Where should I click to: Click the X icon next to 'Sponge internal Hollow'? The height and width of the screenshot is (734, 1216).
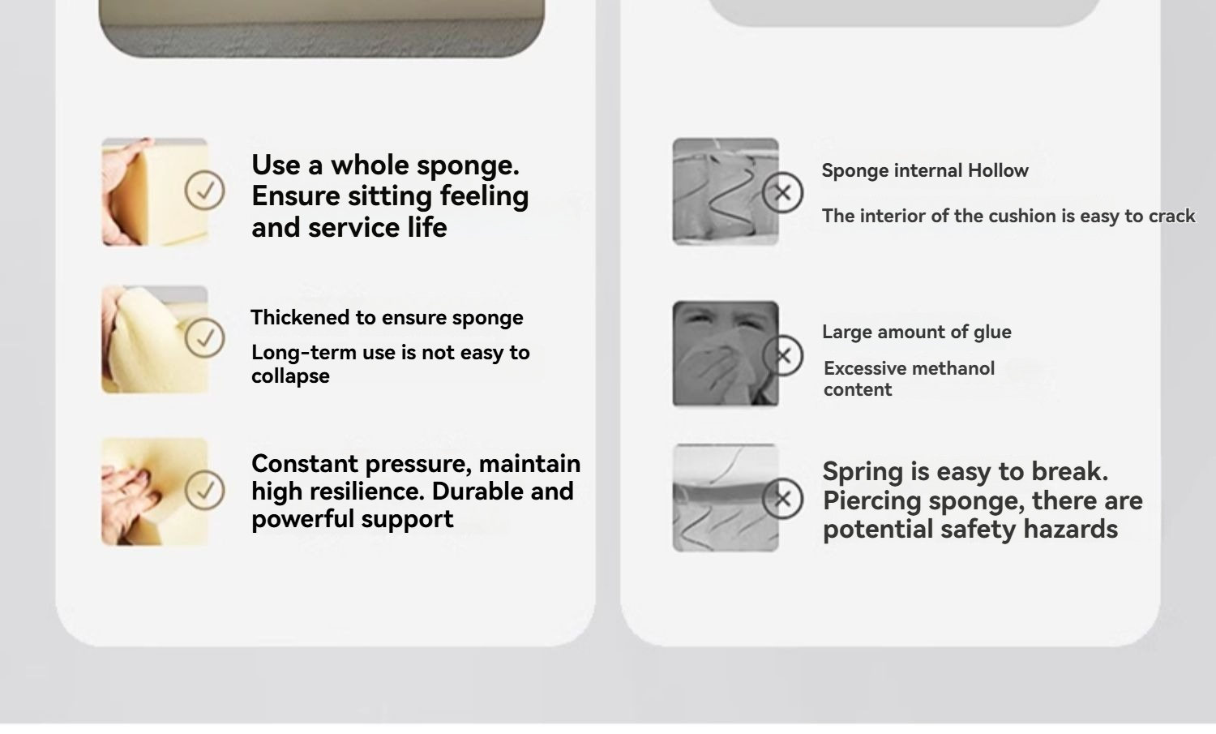pyautogui.click(x=782, y=192)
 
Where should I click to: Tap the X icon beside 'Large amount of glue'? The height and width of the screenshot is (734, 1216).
pyautogui.click(x=782, y=356)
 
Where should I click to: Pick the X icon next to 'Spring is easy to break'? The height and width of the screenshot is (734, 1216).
pyautogui.click(x=782, y=499)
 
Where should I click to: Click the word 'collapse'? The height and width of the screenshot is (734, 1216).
pyautogui.click(x=290, y=376)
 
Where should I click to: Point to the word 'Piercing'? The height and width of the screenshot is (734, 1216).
pyautogui.click(x=871, y=501)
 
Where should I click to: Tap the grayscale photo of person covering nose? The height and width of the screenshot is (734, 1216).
pyautogui.click(x=726, y=354)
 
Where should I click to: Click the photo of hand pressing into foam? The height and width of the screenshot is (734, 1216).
pyautogui.click(x=155, y=491)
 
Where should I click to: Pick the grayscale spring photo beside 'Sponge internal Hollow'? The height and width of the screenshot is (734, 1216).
pyautogui.click(x=726, y=191)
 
